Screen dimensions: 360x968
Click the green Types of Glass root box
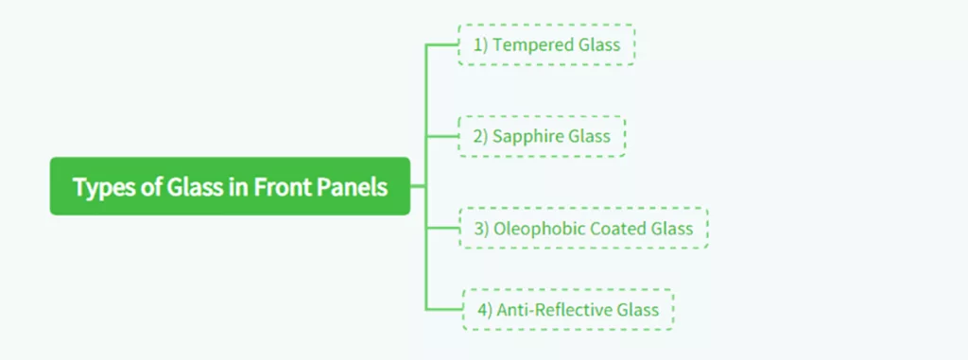[230, 186]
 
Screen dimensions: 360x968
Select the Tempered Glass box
[546, 44]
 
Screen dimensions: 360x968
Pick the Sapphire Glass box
[542, 136]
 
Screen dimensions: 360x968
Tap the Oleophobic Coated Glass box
[583, 228]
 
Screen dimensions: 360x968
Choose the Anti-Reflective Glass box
[568, 309]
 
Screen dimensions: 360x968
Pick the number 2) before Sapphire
[480, 136]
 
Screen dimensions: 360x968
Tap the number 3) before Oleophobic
[480, 228]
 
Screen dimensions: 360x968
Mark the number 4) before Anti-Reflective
[485, 309]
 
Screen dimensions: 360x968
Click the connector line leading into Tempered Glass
[442, 44]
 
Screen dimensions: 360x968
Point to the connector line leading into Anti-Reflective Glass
[444, 309]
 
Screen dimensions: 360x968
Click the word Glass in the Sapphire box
[589, 136]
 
